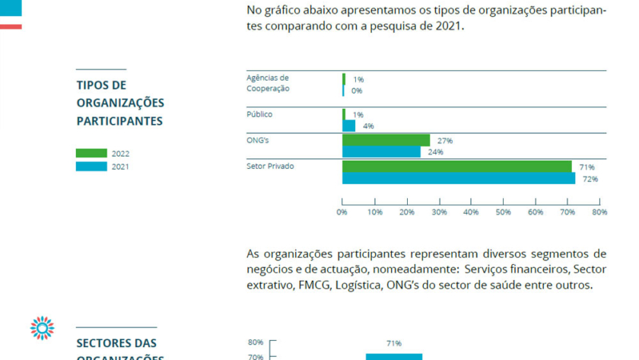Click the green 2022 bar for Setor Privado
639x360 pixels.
456,167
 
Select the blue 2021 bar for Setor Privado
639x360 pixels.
458,178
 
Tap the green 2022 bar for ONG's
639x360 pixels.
386,140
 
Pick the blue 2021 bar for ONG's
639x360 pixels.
381,151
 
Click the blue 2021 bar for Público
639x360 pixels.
349,126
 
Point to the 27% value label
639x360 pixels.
445,140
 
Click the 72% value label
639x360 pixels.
590,179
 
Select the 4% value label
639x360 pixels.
368,126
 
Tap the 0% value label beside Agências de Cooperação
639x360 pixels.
357,91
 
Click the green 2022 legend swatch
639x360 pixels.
91,153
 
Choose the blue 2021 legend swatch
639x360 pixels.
91,166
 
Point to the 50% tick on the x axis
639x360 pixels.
503,212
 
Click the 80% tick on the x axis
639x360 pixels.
599,212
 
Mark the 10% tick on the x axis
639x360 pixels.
374,212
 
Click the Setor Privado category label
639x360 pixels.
270,165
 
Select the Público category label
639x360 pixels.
259,114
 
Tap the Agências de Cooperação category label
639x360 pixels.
268,82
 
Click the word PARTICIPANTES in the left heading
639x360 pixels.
119,121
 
